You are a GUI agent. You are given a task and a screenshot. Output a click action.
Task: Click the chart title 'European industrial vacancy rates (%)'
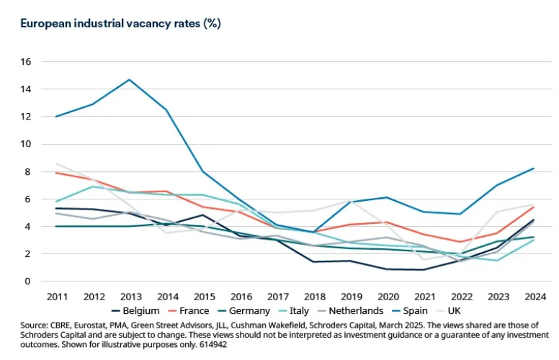tap(121, 23)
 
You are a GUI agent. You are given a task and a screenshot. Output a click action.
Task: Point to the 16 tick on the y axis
tap(26, 62)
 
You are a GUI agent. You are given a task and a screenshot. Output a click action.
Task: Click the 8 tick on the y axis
tap(29, 171)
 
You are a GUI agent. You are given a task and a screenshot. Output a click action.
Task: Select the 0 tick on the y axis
tap(29, 281)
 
